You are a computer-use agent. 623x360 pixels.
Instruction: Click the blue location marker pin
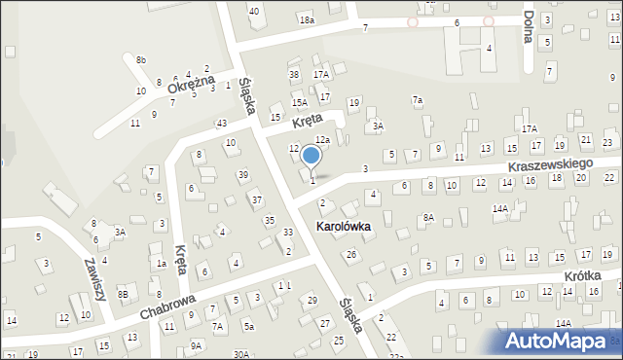311,156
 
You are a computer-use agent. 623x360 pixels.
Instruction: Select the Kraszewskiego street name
549,167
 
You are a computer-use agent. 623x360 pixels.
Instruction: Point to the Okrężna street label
190,85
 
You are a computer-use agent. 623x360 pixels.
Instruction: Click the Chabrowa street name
168,300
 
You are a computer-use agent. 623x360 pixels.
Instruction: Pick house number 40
254,11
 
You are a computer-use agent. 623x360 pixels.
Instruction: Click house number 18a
308,19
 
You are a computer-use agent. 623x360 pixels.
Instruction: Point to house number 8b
141,60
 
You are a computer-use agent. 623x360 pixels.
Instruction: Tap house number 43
222,123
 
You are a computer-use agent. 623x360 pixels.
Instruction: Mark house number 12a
322,141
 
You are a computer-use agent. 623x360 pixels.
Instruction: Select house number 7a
417,99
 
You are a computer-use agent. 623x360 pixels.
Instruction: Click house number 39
242,174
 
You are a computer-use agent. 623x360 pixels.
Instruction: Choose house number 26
351,255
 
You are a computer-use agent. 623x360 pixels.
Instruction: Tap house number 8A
428,218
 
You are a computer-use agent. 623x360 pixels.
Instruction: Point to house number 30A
241,354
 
